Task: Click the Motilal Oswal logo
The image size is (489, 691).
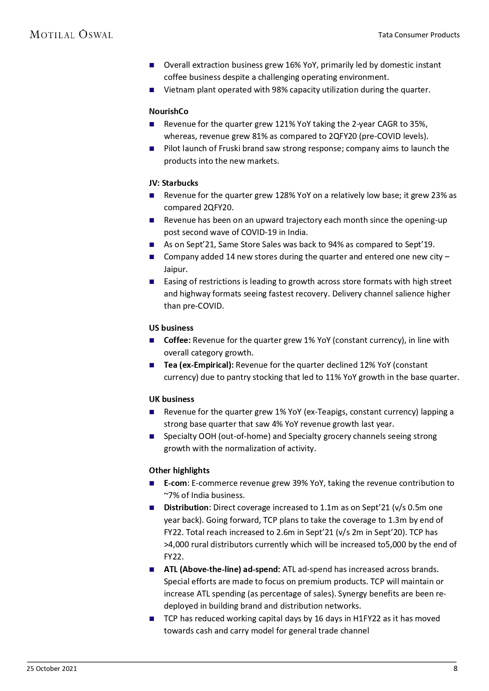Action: point(71,35)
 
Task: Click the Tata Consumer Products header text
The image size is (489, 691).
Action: point(418,35)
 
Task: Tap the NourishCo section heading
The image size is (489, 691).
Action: point(168,111)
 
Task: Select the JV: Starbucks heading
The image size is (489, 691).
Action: point(173,183)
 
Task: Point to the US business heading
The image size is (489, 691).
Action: point(171,328)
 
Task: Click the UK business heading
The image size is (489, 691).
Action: point(171,399)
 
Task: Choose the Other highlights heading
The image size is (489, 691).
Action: point(179,471)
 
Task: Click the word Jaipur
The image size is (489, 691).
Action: point(175,269)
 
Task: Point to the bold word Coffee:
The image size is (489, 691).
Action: point(177,340)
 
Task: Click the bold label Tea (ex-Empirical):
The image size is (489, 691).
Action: point(199,365)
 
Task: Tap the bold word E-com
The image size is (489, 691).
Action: point(175,483)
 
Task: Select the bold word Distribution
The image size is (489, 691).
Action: point(186,508)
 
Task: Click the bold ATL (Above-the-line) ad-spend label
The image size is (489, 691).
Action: point(222,569)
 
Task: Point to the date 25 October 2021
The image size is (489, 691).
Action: point(52,669)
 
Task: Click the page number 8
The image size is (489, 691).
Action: point(456,669)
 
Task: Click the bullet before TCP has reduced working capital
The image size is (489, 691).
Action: point(152,619)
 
